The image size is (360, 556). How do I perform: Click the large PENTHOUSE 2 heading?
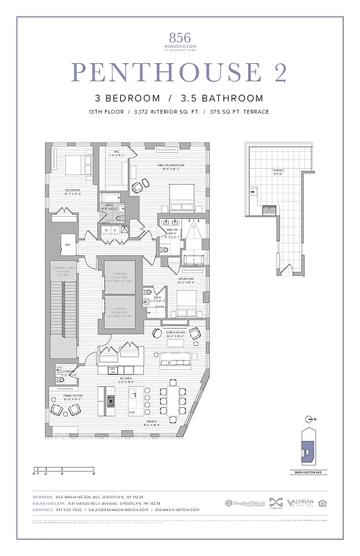tap(179, 72)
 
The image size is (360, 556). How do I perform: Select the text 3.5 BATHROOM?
tap(222, 98)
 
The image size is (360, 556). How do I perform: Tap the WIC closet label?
tap(117, 154)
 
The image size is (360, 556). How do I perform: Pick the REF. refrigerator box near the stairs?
tap(67, 244)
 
